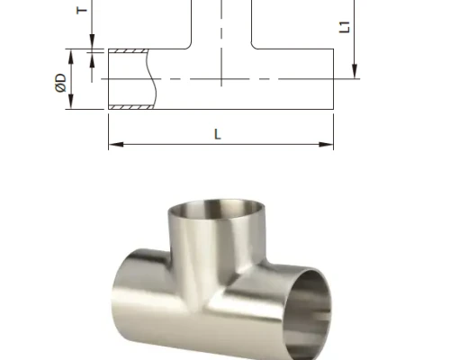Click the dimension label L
pyautogui.click(x=218, y=134)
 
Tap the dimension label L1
pyautogui.click(x=345, y=27)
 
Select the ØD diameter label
pyautogui.click(x=61, y=83)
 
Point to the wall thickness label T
pyautogui.click(x=82, y=10)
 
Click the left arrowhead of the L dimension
pyautogui.click(x=116, y=145)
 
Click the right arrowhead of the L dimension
pyautogui.click(x=326, y=145)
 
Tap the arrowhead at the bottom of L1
pyautogui.click(x=355, y=71)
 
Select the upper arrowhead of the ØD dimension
pyautogui.click(x=71, y=57)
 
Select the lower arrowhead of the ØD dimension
pyautogui.click(x=71, y=102)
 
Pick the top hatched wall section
pyautogui.click(x=128, y=50)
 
